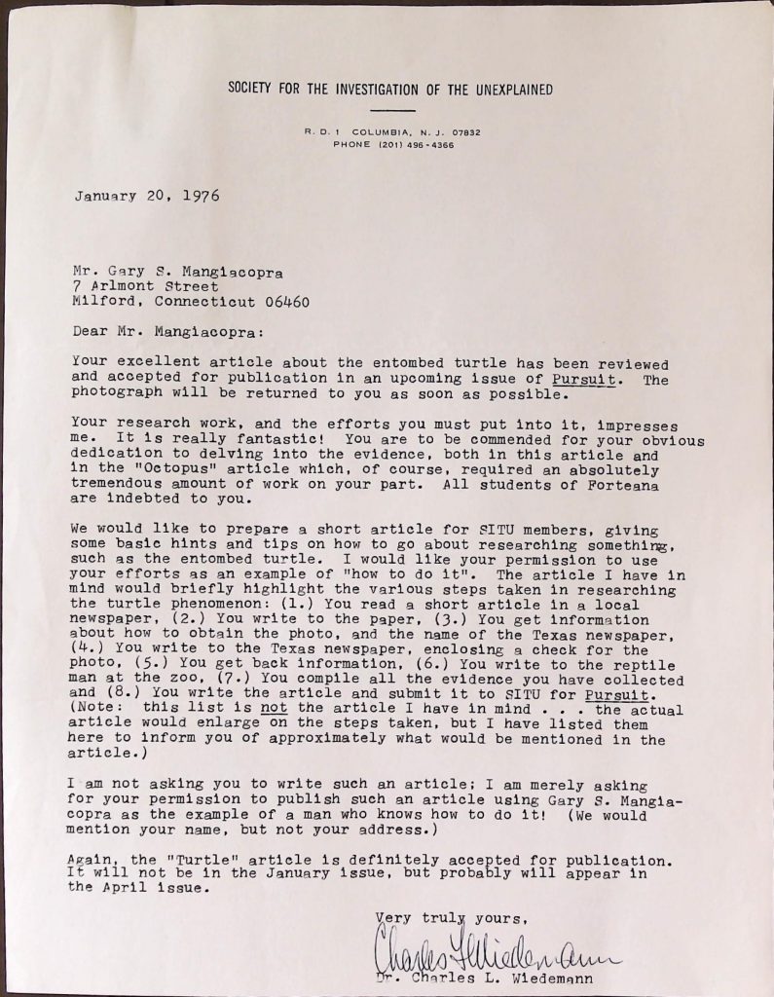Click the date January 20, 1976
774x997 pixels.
pyautogui.click(x=146, y=195)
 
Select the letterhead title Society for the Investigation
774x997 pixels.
pyautogui.click(x=390, y=90)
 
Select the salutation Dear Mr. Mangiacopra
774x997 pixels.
pyautogui.click(x=161, y=330)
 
